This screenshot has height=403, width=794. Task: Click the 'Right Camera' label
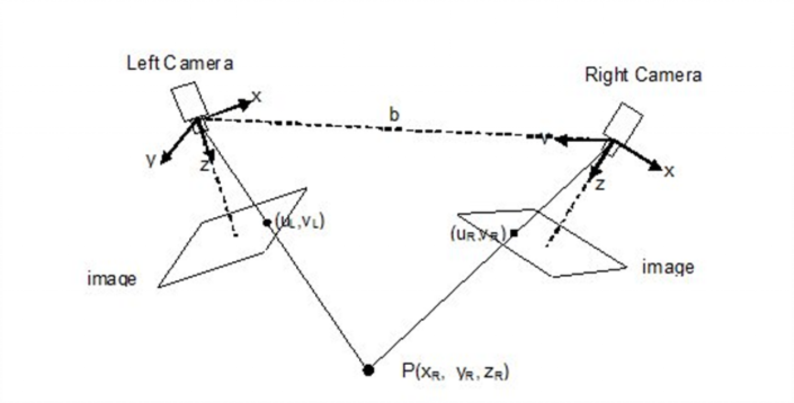(x=643, y=75)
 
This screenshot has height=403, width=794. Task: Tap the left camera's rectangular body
(x=189, y=101)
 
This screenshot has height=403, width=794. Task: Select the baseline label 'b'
(x=394, y=116)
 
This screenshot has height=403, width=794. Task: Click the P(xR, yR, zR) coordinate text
(x=455, y=371)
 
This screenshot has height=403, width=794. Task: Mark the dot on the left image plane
(x=267, y=222)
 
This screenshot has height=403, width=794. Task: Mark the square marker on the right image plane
(x=514, y=234)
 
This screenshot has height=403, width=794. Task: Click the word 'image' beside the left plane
(x=112, y=280)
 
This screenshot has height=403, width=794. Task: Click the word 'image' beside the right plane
(x=668, y=267)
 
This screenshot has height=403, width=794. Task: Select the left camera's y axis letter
(x=150, y=160)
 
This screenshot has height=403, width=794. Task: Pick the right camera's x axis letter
(x=669, y=171)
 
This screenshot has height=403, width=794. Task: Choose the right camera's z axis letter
(x=600, y=184)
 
